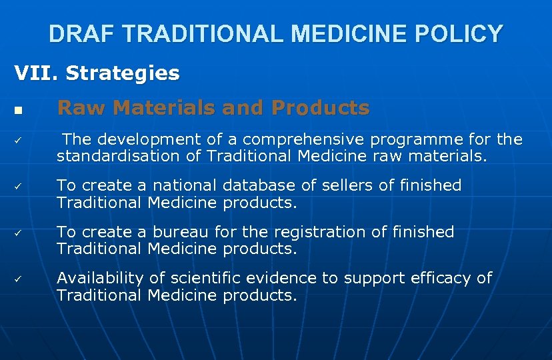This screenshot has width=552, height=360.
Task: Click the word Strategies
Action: (x=123, y=73)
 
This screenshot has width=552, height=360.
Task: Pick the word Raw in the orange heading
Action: (x=76, y=107)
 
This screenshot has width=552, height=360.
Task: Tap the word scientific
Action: (x=203, y=278)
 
